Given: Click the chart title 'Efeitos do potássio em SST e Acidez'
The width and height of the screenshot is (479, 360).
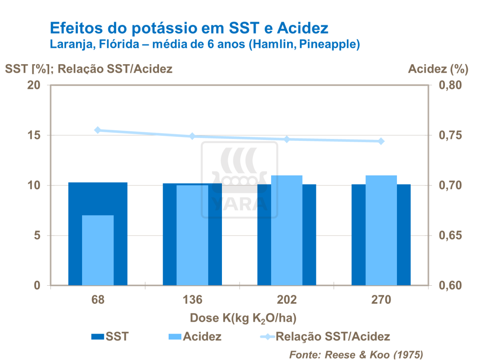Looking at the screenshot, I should (x=189, y=28).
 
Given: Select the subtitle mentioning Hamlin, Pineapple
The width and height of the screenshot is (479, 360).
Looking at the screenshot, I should (x=205, y=45).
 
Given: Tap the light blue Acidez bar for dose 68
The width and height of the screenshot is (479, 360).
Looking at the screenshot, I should (x=98, y=250).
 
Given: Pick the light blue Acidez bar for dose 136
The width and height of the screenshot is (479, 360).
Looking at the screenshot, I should (x=192, y=235).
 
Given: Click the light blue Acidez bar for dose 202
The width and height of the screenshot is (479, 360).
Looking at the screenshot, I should (x=287, y=230).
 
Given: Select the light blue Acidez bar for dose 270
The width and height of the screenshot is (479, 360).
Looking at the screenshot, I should (x=381, y=230).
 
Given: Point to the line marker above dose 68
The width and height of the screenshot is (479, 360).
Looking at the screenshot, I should (x=98, y=130).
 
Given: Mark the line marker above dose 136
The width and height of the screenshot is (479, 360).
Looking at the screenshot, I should (x=192, y=136).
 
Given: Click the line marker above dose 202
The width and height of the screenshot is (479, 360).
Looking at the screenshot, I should (x=287, y=139).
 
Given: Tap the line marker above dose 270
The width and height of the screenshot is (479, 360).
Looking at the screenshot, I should (x=381, y=141).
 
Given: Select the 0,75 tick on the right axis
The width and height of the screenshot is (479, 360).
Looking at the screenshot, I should (x=449, y=135).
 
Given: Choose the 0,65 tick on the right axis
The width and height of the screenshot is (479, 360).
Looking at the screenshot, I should (x=449, y=236).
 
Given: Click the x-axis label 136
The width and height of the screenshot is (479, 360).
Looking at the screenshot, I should (x=192, y=300).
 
